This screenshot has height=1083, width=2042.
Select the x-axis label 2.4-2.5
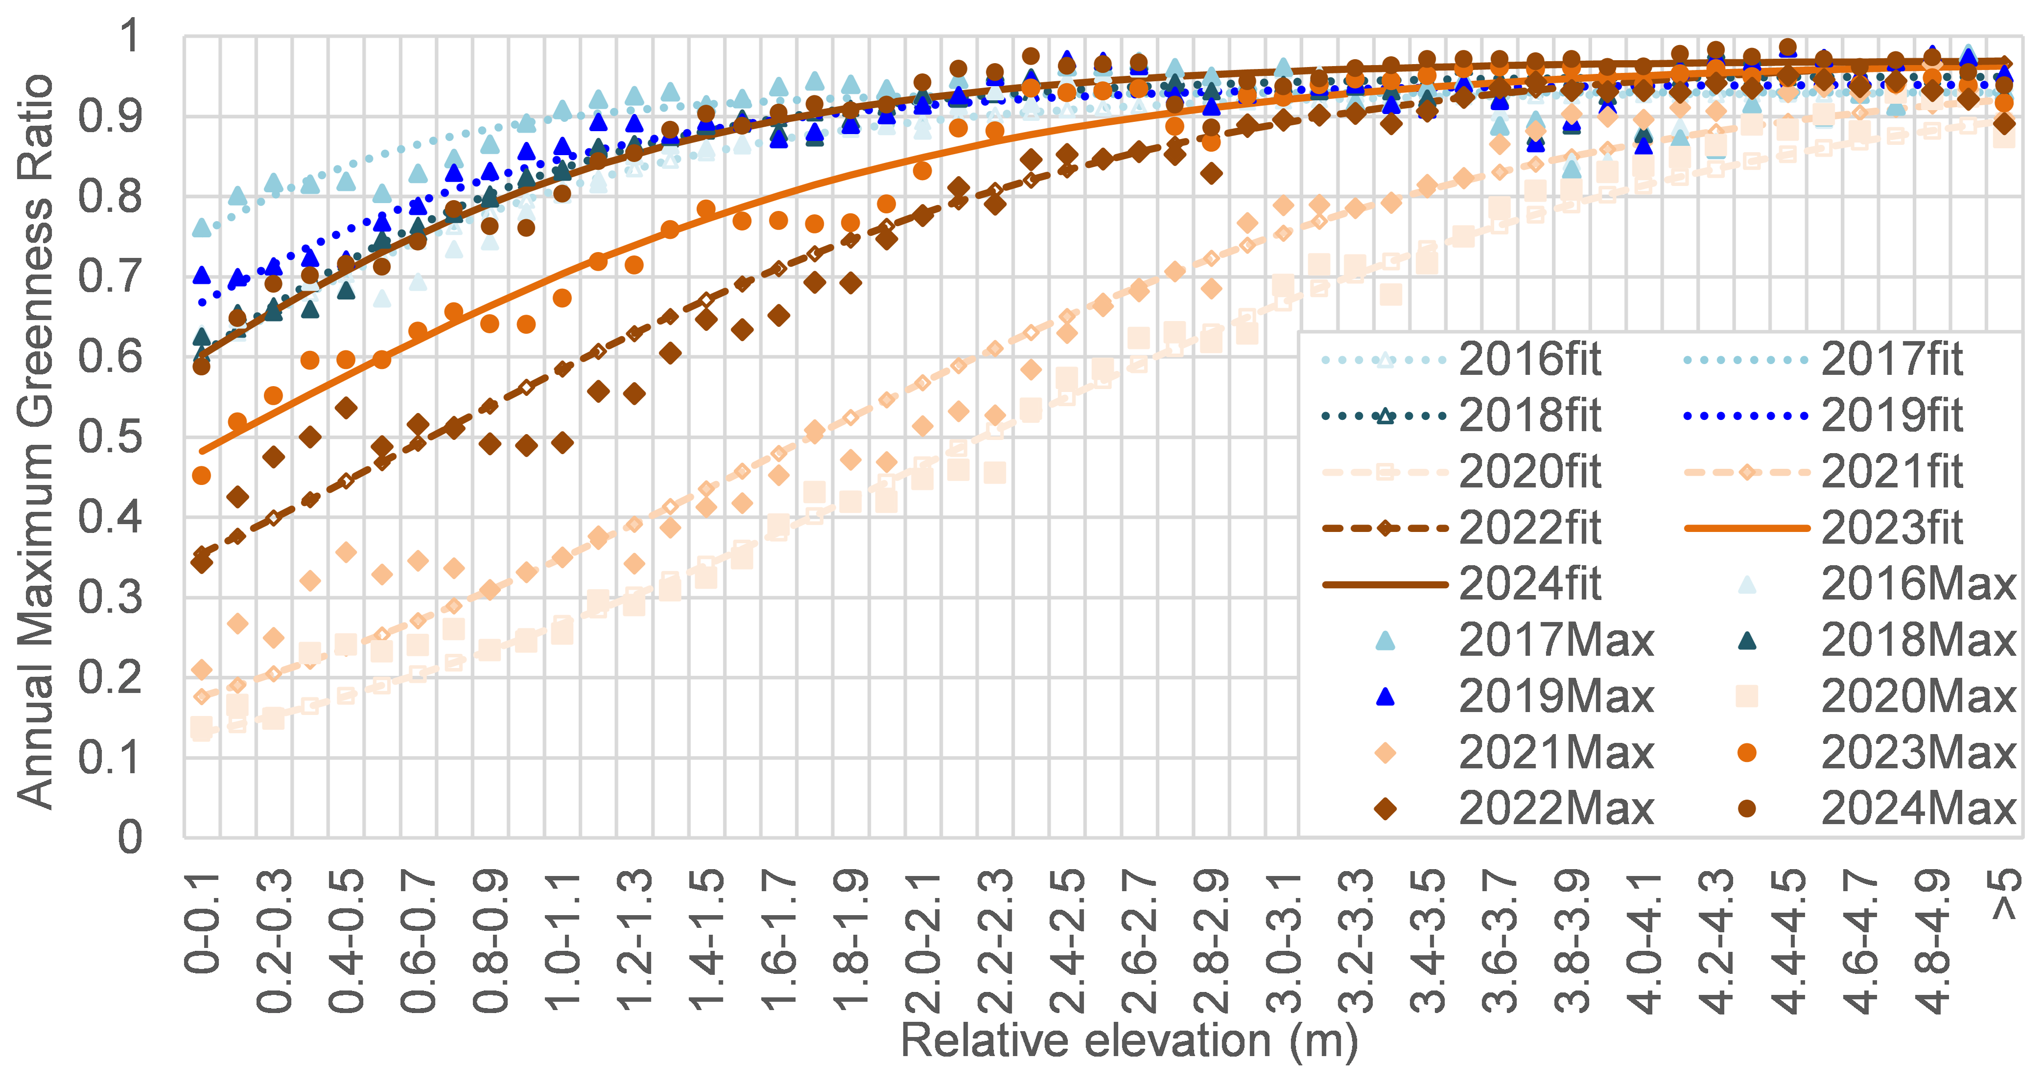1067,944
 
